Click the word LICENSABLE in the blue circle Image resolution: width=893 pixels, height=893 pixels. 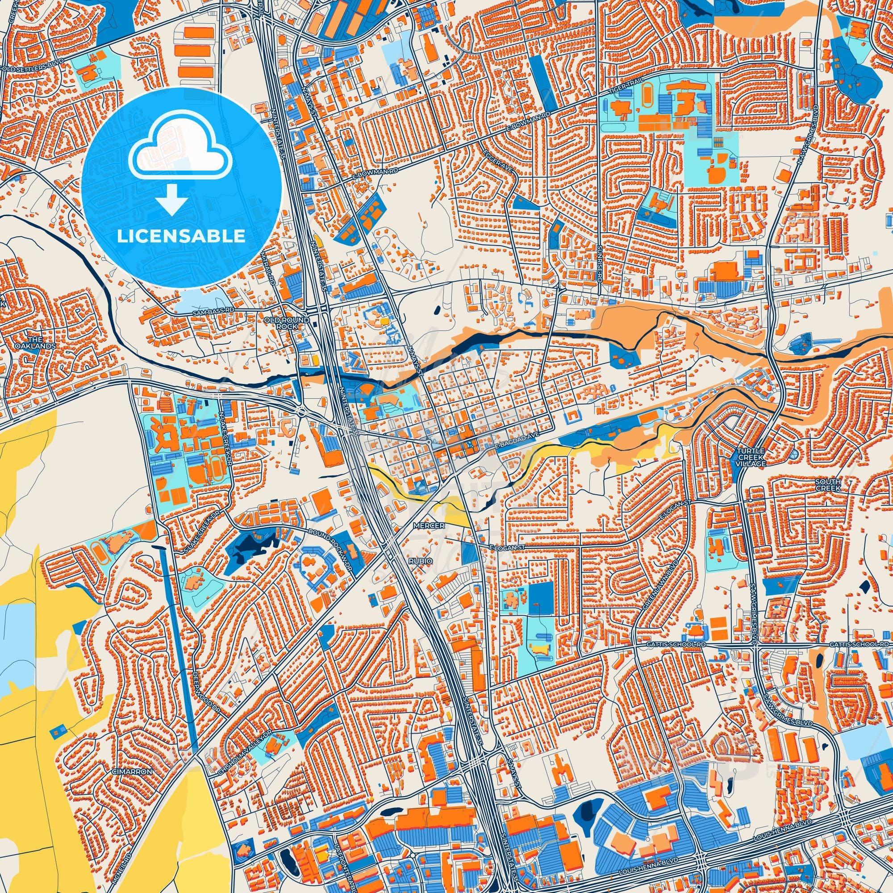(181, 236)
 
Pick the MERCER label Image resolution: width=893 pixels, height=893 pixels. (429, 526)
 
